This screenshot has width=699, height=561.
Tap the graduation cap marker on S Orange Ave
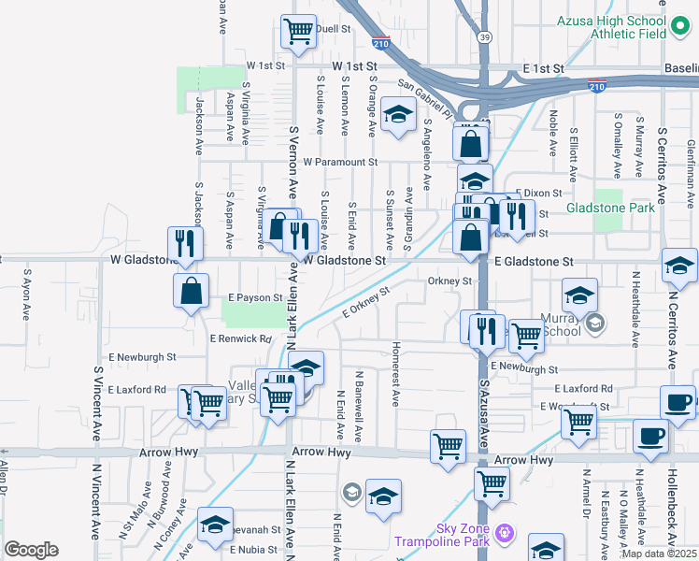pyautogui.click(x=399, y=116)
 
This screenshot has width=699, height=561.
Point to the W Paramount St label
pyautogui.click(x=340, y=162)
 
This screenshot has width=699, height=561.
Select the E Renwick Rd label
pyautogui.click(x=240, y=338)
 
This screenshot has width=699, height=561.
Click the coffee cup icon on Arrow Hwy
pyautogui.click(x=650, y=435)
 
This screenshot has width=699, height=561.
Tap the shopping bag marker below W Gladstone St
pyautogui.click(x=191, y=289)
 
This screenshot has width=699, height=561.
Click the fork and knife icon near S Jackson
pyautogui.click(x=185, y=243)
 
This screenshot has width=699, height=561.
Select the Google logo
pyautogui.click(x=32, y=550)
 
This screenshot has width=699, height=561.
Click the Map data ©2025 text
pyautogui.click(x=659, y=554)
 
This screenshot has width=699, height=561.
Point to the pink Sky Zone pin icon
pyautogui.click(x=506, y=534)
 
